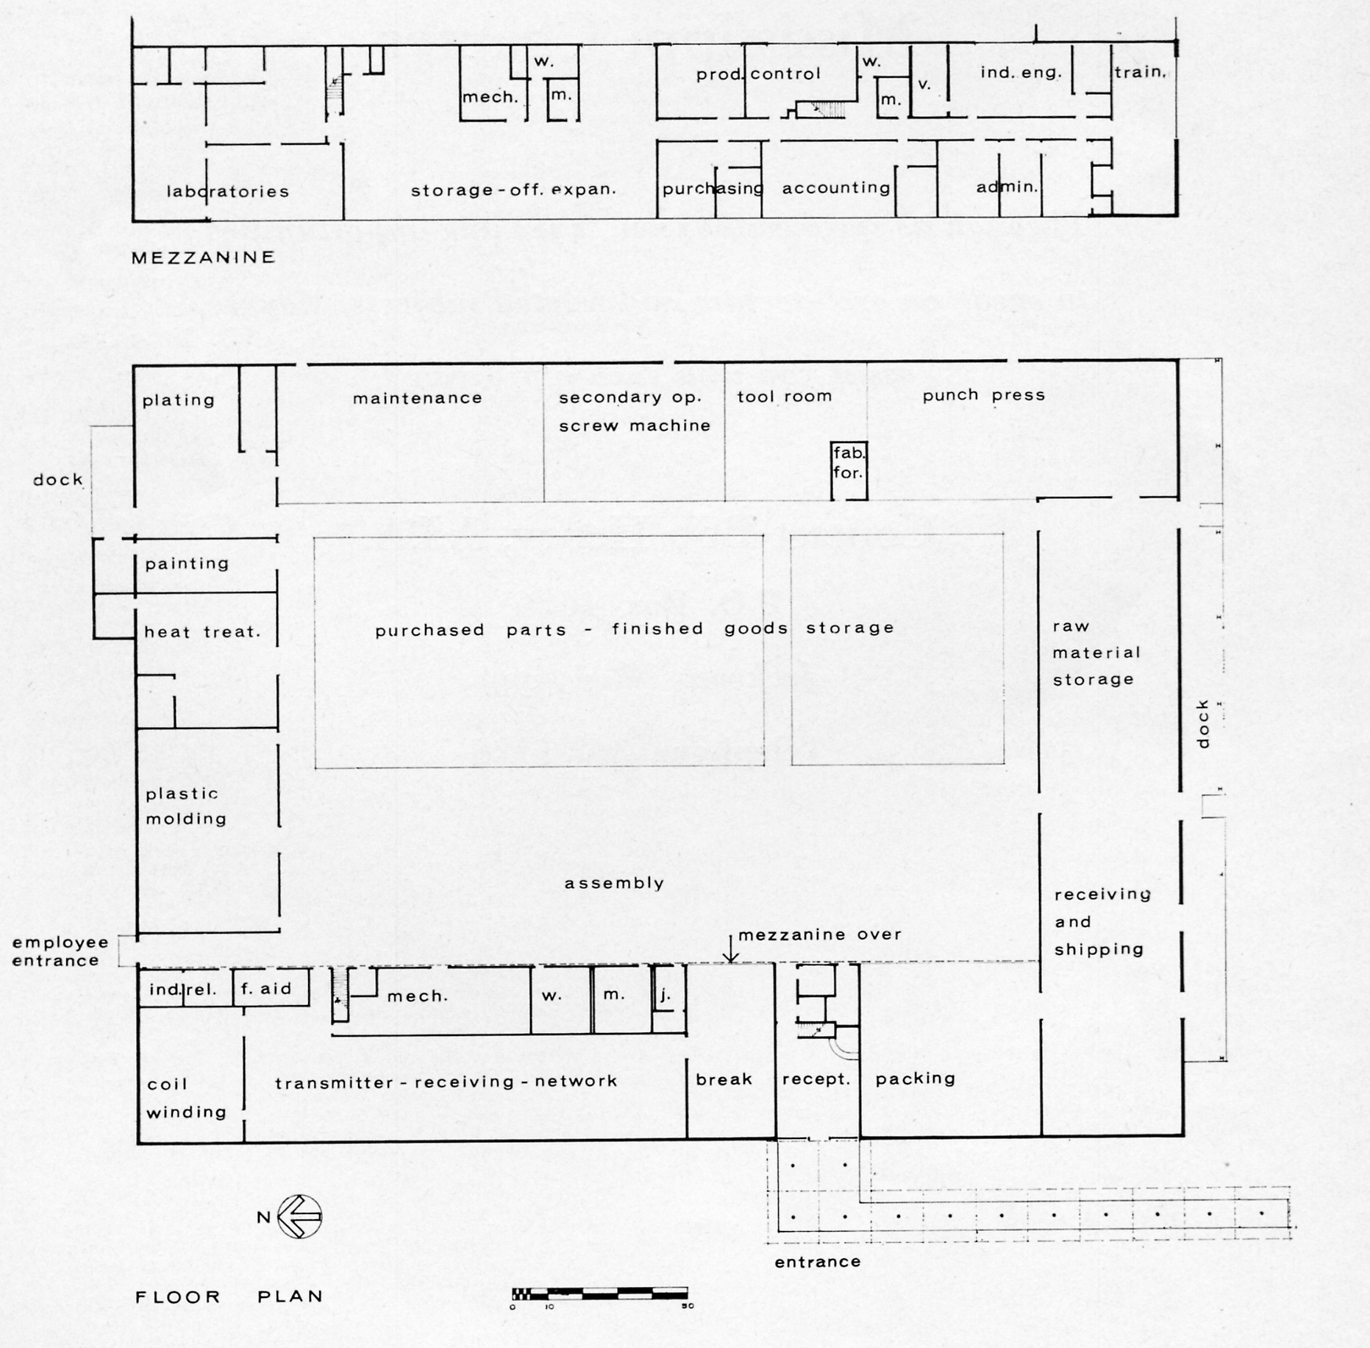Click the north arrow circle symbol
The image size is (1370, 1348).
[x=300, y=1216]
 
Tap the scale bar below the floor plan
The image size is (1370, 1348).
[x=599, y=1293]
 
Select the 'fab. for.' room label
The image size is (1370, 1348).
[x=849, y=463]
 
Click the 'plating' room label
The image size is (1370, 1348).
[x=179, y=400]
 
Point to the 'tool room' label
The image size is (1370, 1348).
[x=785, y=396]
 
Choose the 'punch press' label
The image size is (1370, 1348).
[x=984, y=395]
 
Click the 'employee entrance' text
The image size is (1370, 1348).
[x=60, y=951]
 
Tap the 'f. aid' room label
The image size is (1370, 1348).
[x=266, y=988]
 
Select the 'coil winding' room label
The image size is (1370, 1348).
[x=187, y=1098]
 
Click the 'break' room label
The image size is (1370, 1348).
[x=724, y=1079]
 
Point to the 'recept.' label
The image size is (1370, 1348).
[x=816, y=1079]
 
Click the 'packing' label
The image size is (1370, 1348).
[x=916, y=1079]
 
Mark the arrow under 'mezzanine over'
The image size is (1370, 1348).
[x=730, y=948]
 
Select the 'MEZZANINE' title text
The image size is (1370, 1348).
[x=204, y=258]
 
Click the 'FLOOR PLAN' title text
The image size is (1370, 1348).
[x=229, y=1296]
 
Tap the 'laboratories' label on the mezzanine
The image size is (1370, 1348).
[x=228, y=191]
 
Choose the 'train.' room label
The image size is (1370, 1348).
[x=1141, y=72]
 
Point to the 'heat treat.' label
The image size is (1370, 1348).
[x=202, y=631]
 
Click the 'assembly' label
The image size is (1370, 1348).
[x=615, y=883]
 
